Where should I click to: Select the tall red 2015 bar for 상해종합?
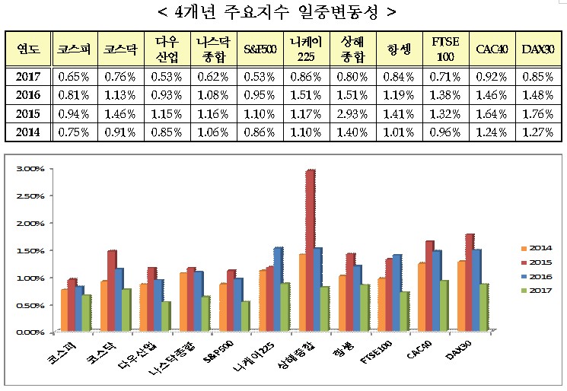coord(311,251)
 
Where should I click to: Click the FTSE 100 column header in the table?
coord(444,49)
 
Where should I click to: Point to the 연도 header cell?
coord(29,49)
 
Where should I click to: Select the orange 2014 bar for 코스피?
coord(64,310)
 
